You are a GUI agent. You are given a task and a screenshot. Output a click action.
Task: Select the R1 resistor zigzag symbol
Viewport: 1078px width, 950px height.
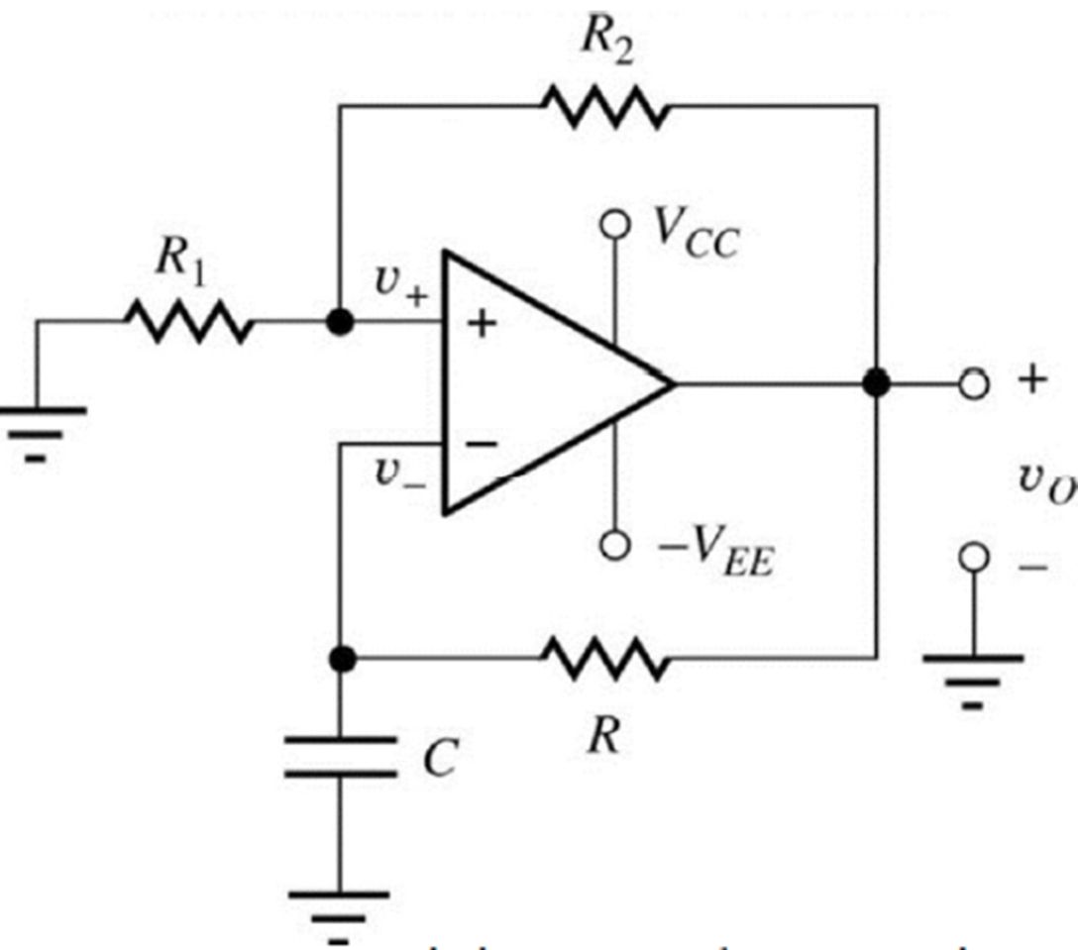pyautogui.click(x=188, y=322)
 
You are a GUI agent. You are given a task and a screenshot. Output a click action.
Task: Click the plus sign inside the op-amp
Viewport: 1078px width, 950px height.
pyautogui.click(x=482, y=324)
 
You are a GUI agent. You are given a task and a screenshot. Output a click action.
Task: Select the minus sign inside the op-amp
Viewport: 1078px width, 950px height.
pyautogui.click(x=482, y=445)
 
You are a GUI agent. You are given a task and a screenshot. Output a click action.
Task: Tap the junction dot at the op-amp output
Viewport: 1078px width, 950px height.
pyautogui.click(x=876, y=382)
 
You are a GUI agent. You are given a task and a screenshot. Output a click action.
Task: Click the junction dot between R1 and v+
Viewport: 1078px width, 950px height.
pyautogui.click(x=340, y=323)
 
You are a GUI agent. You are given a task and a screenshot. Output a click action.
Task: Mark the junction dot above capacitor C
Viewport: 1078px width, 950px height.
pyautogui.click(x=341, y=658)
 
